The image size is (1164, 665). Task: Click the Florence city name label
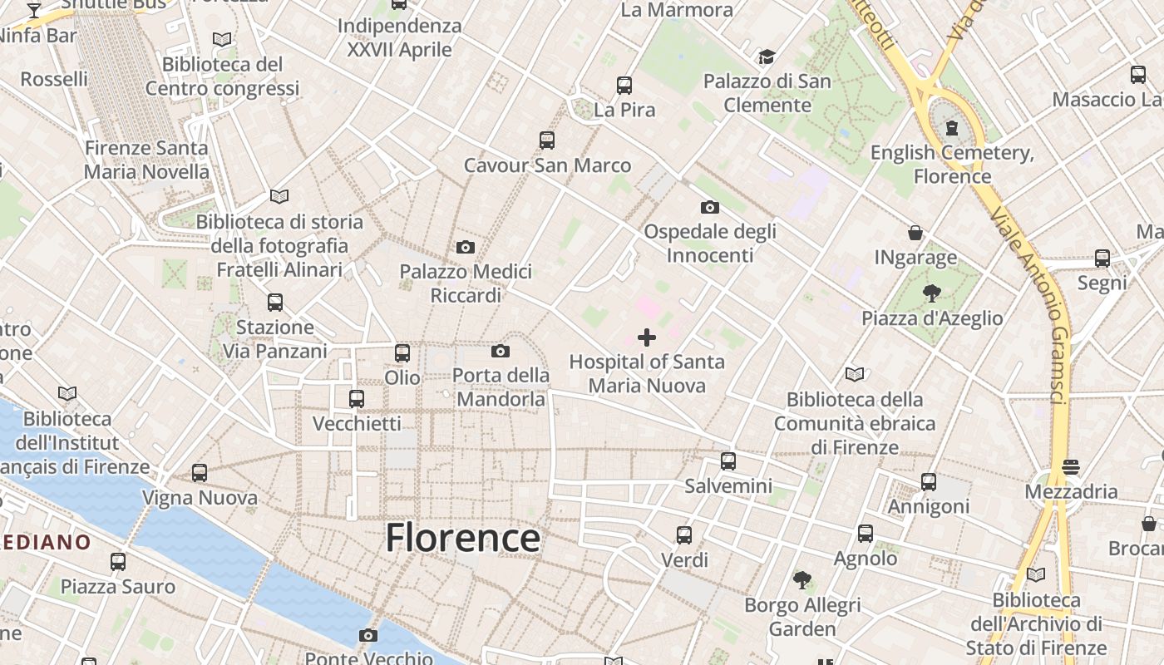pos(462,538)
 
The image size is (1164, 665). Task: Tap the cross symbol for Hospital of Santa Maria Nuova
pos(646,337)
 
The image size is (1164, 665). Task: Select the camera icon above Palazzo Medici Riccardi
pos(466,247)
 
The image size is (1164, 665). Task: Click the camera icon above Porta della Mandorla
pos(501,351)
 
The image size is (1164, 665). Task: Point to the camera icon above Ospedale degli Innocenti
pos(709,207)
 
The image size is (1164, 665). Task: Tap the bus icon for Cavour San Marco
pos(546,140)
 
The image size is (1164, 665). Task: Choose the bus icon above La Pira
pos(624,85)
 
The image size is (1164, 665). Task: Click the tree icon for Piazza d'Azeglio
pos(931,293)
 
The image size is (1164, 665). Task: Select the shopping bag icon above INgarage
pos(915,233)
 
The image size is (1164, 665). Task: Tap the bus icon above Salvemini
pos(728,461)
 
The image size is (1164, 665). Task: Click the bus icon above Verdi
pos(684,534)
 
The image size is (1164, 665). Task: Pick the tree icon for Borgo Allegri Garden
pos(801,579)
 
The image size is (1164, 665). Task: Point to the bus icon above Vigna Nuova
pos(200,473)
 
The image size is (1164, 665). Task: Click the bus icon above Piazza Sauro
pos(118,562)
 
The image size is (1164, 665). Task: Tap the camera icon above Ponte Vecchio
pos(367,636)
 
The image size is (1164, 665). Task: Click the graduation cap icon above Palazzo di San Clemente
pos(767,57)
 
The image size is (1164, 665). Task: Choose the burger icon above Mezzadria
pos(1071,466)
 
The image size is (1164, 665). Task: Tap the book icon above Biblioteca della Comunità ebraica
pos(854,374)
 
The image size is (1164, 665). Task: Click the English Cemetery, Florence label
pos(952,164)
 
